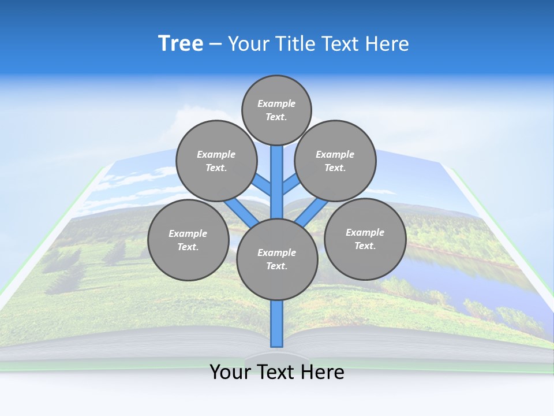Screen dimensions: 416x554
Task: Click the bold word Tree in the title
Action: [x=181, y=44]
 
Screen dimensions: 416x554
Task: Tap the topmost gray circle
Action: [x=276, y=110]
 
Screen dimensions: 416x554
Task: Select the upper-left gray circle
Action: [x=216, y=161]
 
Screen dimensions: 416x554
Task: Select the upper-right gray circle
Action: [x=335, y=161]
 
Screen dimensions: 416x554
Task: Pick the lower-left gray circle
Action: [x=188, y=240]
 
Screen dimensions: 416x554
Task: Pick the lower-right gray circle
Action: [x=365, y=239]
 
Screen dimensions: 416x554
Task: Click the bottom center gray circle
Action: [x=277, y=259]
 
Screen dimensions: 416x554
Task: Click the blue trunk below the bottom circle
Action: [x=277, y=324]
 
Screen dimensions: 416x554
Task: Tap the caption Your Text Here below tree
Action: [x=277, y=372]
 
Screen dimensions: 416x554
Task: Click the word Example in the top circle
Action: [x=276, y=103]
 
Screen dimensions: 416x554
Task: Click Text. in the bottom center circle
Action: [x=276, y=266]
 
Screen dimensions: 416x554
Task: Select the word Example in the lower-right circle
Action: [x=365, y=232]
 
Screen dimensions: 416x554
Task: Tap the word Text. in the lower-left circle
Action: [x=188, y=247]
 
